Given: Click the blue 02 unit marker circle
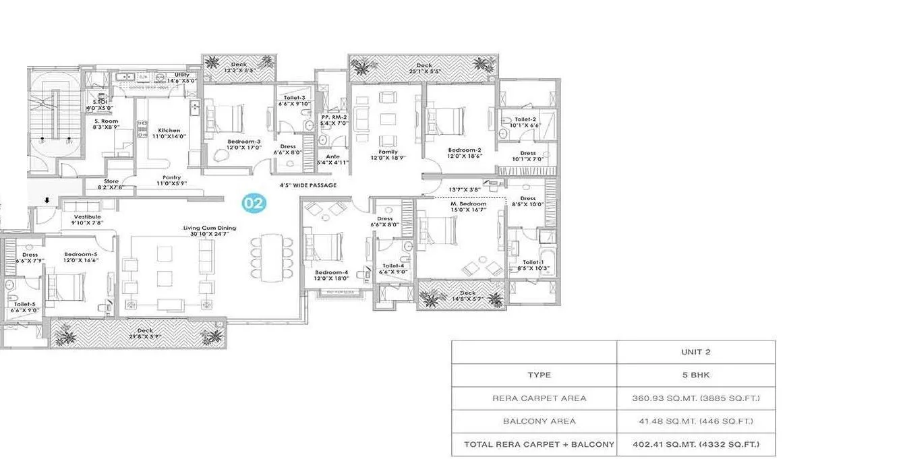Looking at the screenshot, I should (254, 202).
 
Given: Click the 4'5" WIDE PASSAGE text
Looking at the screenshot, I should (308, 185).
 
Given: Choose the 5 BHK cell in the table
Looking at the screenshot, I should (695, 375).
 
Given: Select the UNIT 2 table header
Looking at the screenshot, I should (695, 352).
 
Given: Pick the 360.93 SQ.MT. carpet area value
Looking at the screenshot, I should (695, 398).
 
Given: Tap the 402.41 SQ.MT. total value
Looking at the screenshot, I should (695, 444).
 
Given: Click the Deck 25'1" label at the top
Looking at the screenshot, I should (424, 68).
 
